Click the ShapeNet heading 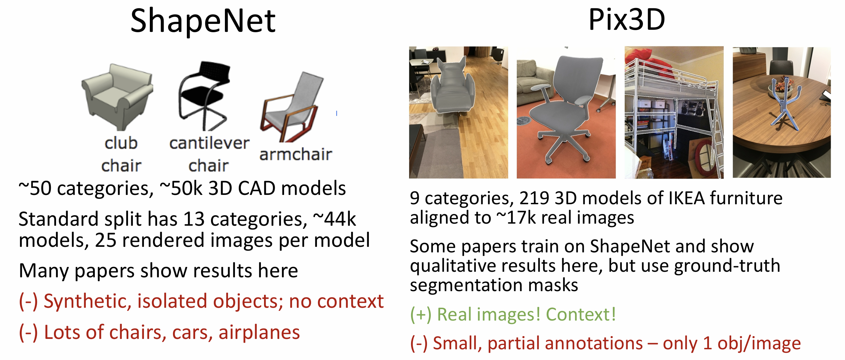pos(203,21)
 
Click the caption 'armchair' pos(296,154)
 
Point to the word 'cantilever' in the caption pos(209,143)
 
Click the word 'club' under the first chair pos(121,143)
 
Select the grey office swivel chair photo pos(566,112)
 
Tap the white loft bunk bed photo pos(674,112)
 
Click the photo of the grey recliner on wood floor pos(458,112)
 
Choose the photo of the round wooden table pos(782,112)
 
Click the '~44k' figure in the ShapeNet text pos(335,219)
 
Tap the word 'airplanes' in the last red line pos(259,333)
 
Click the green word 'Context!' pos(581,315)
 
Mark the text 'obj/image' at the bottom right pos(759,344)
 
